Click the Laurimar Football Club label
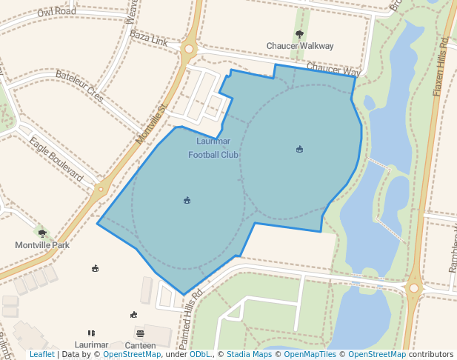[x=213, y=148]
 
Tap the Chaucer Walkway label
[x=300, y=46]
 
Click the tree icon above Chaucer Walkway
[x=299, y=34]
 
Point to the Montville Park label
[x=42, y=244]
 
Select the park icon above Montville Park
[x=41, y=233]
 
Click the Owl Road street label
[x=56, y=12]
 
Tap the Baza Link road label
[x=149, y=39]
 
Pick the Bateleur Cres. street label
[x=80, y=87]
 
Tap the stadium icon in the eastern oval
[x=299, y=150]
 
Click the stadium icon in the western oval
[x=187, y=200]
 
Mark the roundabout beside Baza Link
[x=188, y=50]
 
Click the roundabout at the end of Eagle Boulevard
[x=100, y=190]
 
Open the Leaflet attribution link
[x=41, y=355]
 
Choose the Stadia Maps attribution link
[x=249, y=355]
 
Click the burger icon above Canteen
[x=140, y=333]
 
